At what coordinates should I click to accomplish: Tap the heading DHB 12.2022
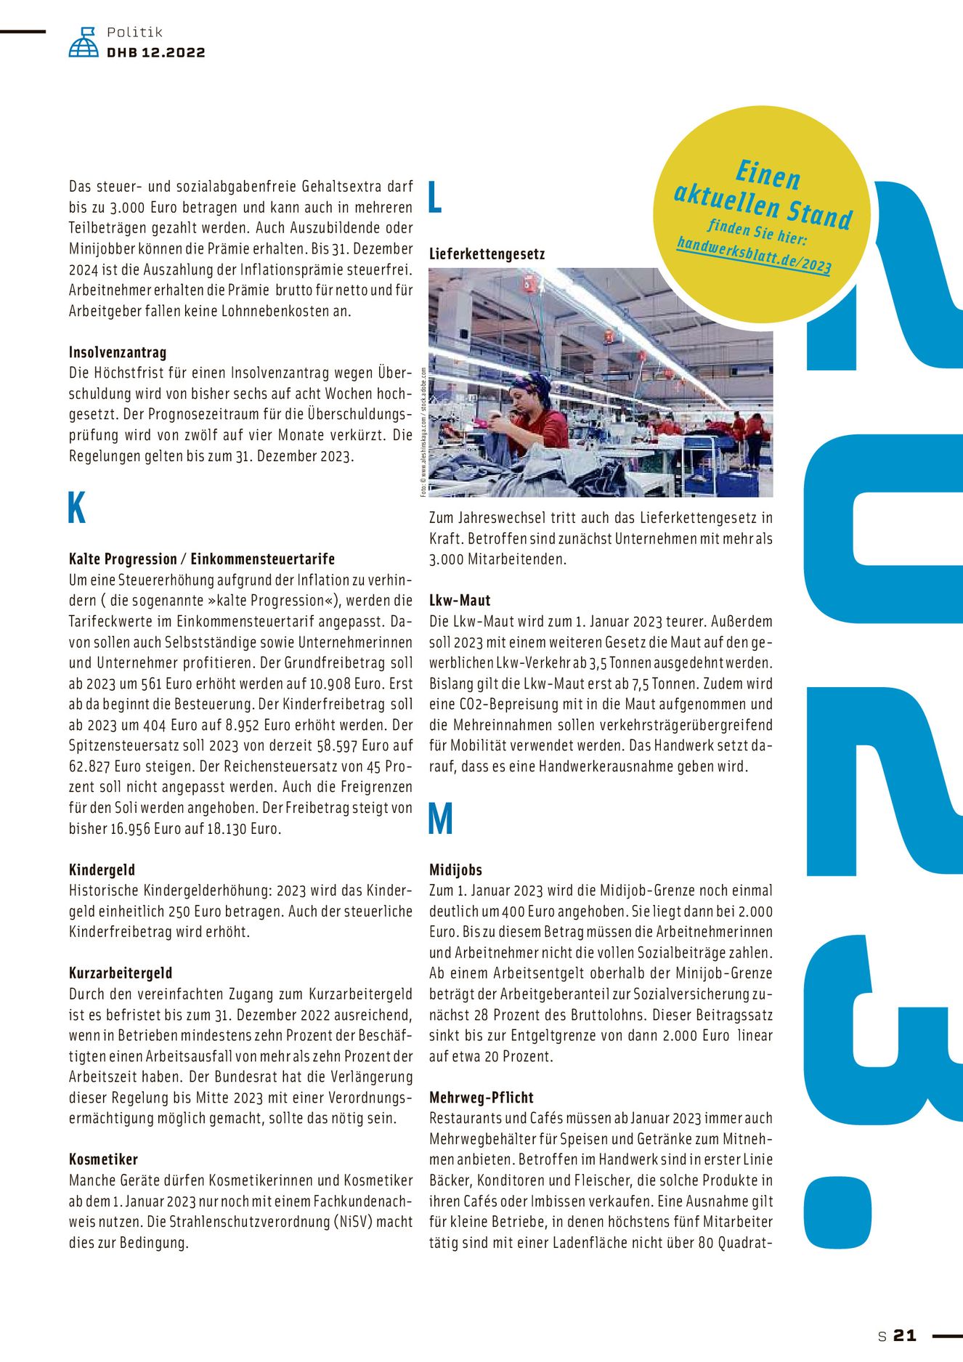[x=155, y=52]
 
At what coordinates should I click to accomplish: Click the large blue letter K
[x=76, y=508]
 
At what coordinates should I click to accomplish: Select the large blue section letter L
[x=435, y=197]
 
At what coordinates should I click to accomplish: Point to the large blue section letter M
[x=440, y=819]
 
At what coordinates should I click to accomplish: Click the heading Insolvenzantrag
[x=118, y=352]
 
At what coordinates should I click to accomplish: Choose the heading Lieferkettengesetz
[x=487, y=254]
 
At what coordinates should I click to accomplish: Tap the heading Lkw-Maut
[x=460, y=601]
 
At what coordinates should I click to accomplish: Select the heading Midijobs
[x=455, y=870]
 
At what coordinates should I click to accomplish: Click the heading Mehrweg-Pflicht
[x=481, y=1097]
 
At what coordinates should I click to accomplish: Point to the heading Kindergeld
[x=102, y=870]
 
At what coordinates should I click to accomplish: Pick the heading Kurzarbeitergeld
[x=121, y=973]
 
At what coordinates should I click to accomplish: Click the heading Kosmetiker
[x=103, y=1159]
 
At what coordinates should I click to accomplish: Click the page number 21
[x=905, y=1335]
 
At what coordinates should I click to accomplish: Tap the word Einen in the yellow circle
[x=768, y=175]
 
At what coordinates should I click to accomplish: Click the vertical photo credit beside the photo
[x=423, y=432]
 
